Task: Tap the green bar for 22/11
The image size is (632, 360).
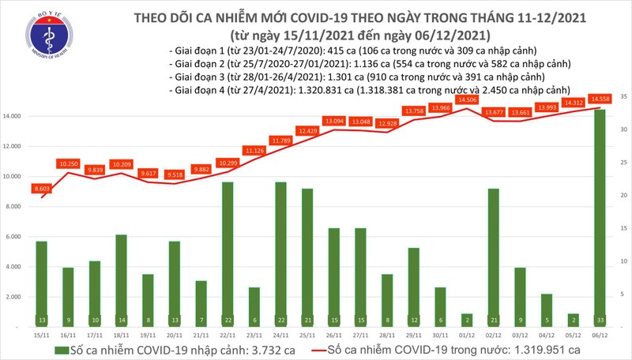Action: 227,253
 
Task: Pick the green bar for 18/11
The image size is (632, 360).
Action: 121,279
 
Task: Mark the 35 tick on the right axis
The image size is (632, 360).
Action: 624,96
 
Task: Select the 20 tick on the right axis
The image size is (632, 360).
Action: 624,195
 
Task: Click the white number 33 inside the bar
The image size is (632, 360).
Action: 600,320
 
